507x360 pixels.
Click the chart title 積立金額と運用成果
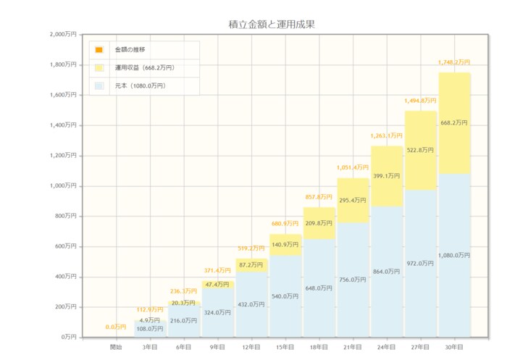271,24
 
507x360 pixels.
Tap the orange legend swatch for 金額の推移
99,49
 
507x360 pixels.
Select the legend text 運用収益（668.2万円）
144,68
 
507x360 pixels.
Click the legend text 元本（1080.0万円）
140,86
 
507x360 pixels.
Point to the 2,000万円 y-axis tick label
62,34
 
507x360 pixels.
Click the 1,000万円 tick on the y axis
62,185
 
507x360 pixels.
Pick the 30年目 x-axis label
455,348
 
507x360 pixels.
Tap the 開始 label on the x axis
116,348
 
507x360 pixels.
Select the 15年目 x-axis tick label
285,348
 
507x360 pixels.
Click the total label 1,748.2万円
454,62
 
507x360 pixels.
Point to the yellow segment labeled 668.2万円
455,123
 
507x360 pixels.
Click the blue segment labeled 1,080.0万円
455,255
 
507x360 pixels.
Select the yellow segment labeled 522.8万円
421,151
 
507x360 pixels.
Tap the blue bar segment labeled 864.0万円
387,271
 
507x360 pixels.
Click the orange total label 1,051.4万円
353,167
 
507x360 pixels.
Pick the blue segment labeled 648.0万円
319,288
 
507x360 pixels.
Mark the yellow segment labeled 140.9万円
285,244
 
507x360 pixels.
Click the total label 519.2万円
251,248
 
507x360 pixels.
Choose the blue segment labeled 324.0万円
217,312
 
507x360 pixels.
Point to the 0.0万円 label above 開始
116,327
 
